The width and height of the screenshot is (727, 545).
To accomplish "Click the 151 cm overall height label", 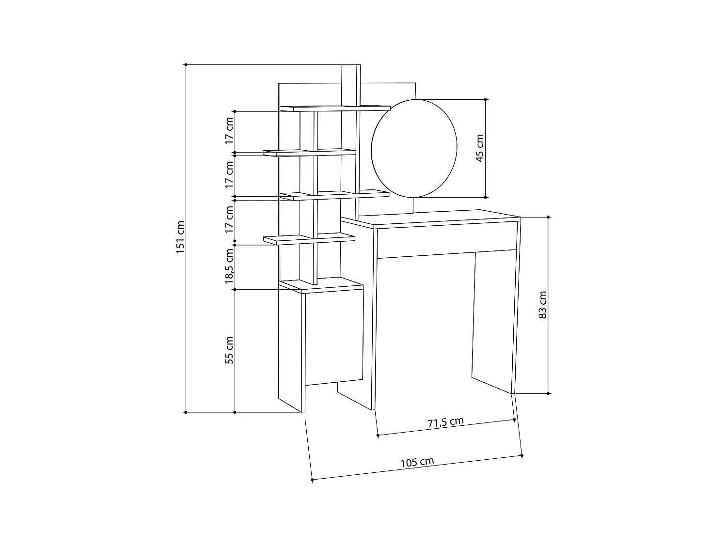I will click(x=180, y=237).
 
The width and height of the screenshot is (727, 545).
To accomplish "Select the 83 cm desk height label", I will click(x=543, y=305).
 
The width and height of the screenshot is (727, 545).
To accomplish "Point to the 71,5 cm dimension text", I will click(x=445, y=422).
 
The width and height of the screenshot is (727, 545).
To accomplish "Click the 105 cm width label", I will click(x=417, y=462).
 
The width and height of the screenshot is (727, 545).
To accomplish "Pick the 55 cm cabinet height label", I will click(x=230, y=350).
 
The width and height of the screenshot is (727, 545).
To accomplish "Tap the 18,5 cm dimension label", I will click(x=230, y=266).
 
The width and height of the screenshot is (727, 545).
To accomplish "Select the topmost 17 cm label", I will click(x=230, y=131).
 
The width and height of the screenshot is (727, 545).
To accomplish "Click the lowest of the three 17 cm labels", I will click(x=230, y=219).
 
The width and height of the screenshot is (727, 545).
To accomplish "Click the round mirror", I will click(x=414, y=148).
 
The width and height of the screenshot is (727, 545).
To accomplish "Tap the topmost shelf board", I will click(x=334, y=108).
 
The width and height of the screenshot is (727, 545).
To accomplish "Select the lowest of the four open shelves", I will click(x=309, y=239).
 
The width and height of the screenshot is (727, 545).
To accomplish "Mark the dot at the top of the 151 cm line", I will click(x=186, y=64).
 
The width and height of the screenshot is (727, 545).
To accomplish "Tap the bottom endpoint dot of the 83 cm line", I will click(x=548, y=393).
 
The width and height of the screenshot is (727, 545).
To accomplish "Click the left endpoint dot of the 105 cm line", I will click(x=312, y=480).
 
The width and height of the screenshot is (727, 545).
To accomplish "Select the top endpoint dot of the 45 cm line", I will click(x=485, y=99).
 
